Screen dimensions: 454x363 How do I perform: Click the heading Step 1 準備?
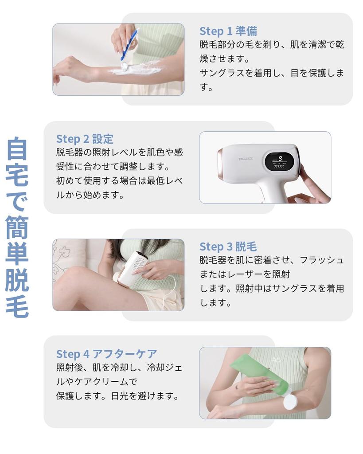point(228,31)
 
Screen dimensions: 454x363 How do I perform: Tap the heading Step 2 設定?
point(85,139)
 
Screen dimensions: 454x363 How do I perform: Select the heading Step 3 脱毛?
point(228,247)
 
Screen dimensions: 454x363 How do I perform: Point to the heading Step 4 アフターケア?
point(106,354)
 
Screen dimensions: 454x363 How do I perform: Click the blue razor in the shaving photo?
point(129,44)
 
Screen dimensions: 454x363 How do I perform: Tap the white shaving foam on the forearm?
point(137,69)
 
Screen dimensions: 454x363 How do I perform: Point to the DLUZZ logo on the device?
point(246,158)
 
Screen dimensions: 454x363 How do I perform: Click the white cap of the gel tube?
point(290,402)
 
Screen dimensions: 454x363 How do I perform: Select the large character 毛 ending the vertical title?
point(17,305)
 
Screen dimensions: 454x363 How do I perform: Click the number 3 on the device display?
point(280,157)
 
